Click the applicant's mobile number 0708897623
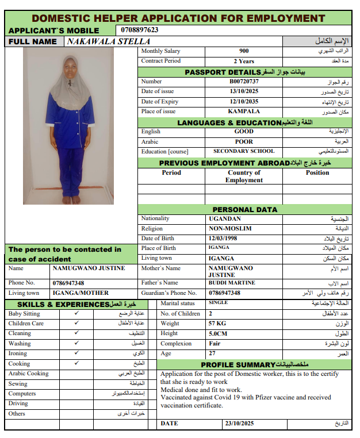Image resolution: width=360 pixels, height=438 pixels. tap(140, 30)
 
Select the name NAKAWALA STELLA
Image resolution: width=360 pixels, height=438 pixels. tap(109, 41)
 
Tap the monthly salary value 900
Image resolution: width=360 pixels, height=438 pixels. tap(244, 51)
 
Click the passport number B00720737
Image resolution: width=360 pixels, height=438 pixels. tap(244, 82)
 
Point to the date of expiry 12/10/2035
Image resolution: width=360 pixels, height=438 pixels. tap(244, 102)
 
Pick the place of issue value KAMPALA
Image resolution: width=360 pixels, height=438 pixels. tap(244, 112)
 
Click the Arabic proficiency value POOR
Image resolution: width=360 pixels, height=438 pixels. tap(244, 141)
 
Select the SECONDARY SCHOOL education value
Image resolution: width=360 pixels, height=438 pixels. tap(244, 152)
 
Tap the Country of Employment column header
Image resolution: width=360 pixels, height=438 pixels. tap(244, 176)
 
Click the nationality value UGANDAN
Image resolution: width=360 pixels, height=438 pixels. tap(225, 219)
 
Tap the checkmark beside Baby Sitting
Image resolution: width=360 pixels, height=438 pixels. tap(76, 314)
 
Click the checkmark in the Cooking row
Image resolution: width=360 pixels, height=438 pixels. tap(76, 364)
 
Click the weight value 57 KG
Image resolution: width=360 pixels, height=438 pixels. tap(218, 324)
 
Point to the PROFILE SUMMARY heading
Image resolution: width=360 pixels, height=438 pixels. tap(238, 365)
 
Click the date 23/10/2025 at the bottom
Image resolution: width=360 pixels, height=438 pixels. tap(239, 424)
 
